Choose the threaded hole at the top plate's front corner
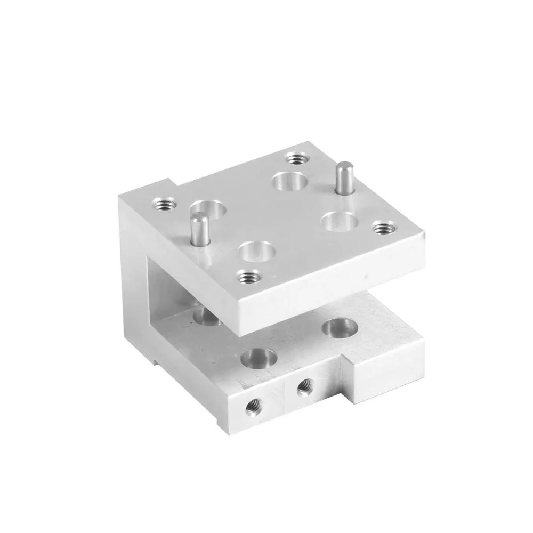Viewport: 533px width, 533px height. click(x=247, y=276)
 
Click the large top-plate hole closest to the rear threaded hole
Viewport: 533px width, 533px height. click(x=289, y=181)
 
